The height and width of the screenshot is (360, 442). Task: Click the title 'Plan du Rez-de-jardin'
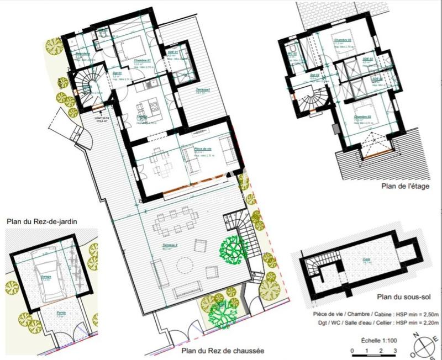pyautogui.click(x=42, y=221)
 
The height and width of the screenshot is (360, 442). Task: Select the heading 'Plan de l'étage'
pyautogui.click(x=404, y=187)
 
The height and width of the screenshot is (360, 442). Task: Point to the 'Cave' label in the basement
pyautogui.click(x=366, y=262)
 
